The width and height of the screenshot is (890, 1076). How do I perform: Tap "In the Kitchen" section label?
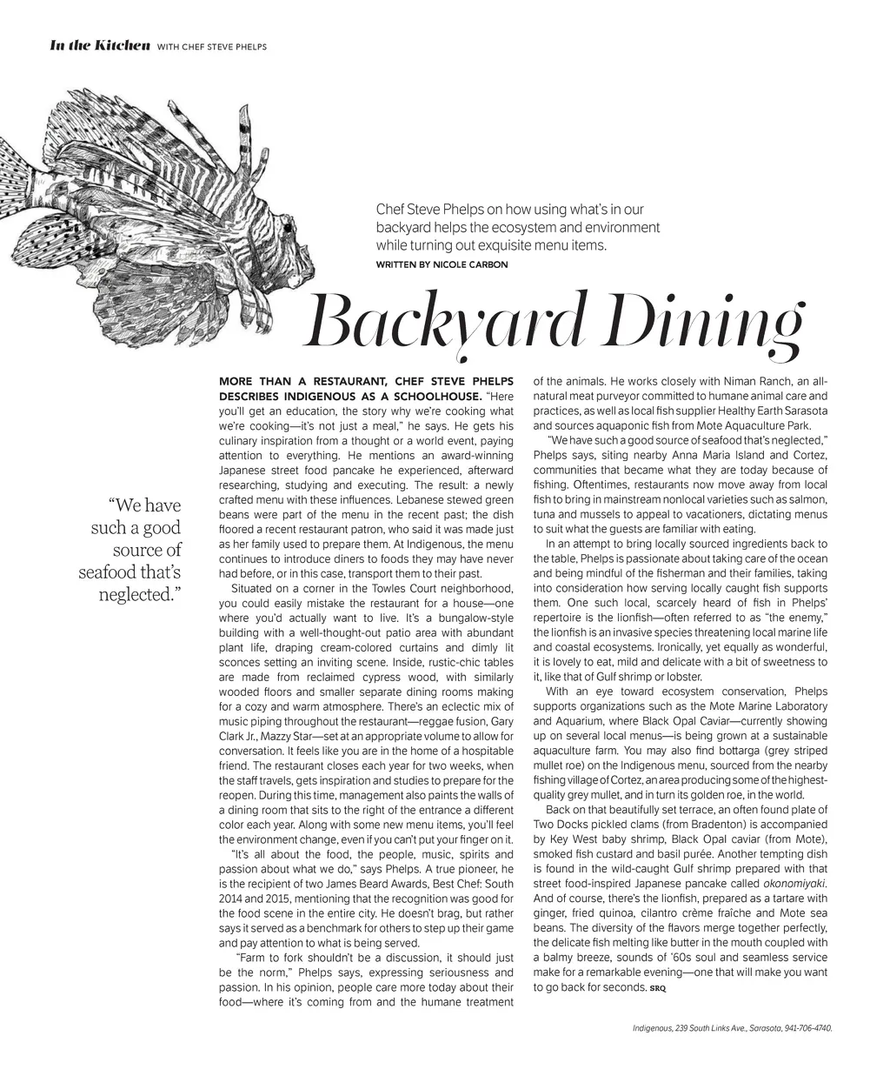click(x=100, y=45)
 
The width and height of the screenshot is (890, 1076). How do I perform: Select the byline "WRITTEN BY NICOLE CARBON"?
click(x=442, y=264)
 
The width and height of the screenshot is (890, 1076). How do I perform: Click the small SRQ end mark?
click(x=656, y=988)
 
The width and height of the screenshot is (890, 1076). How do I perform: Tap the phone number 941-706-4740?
click(x=808, y=1028)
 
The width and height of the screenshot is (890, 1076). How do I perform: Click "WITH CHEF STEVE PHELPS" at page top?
click(x=211, y=46)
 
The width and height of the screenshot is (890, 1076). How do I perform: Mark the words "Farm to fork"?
click(x=276, y=958)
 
